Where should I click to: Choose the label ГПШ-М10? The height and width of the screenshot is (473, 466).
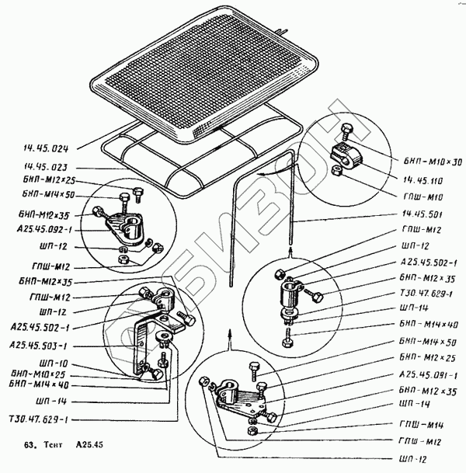click(426, 196)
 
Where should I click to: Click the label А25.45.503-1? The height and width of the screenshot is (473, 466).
click(38, 344)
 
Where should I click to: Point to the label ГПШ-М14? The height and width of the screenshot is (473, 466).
click(426, 424)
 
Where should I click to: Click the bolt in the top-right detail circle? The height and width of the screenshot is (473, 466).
click(346, 130)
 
